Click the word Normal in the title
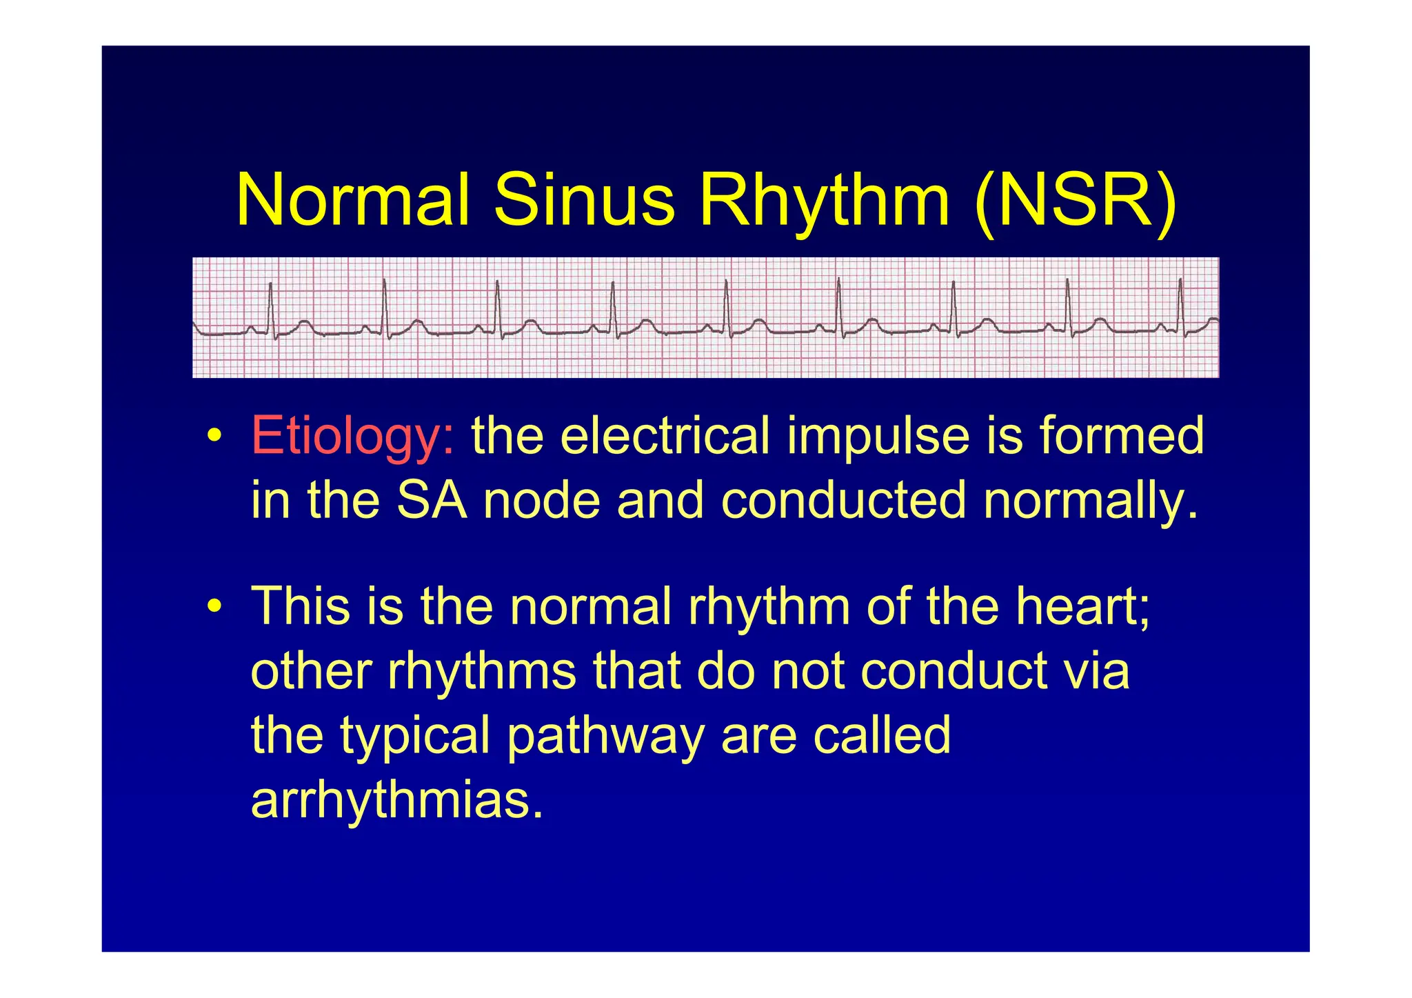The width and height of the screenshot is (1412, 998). (352, 200)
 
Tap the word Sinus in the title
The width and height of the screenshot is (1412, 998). (583, 200)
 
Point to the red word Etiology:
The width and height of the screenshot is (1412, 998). (352, 436)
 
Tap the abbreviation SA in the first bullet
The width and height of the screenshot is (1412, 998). (432, 500)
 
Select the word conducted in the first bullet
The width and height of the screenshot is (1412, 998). (843, 500)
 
